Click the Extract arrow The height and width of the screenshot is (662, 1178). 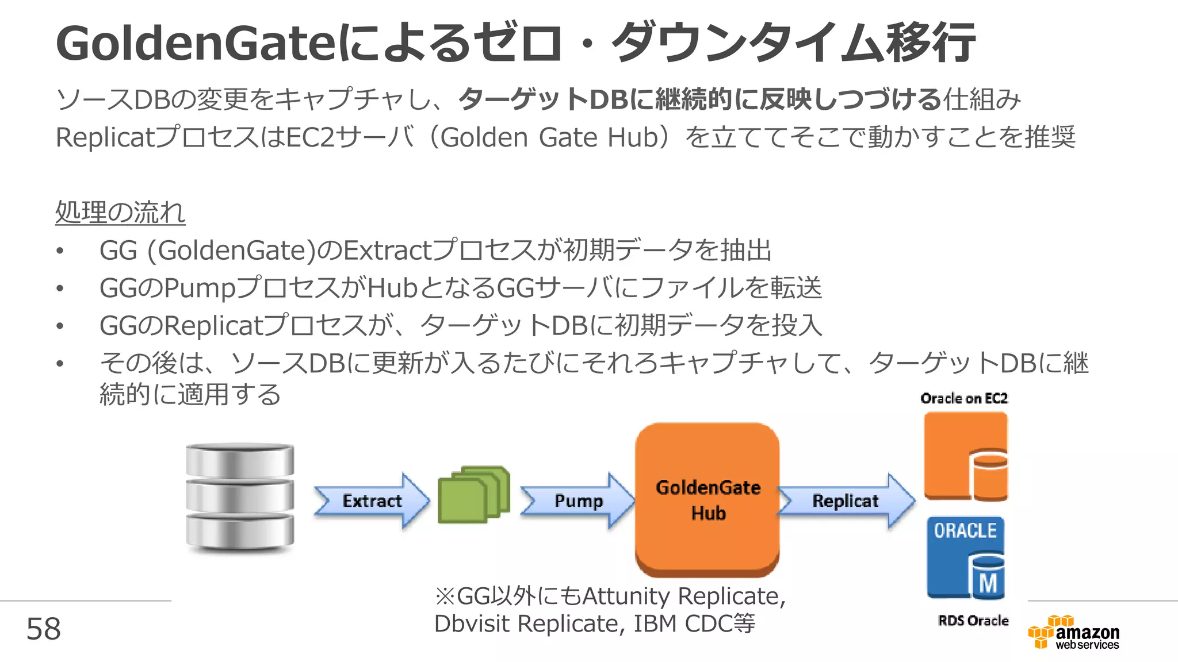point(372,501)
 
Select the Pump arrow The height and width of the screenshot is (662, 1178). point(577,501)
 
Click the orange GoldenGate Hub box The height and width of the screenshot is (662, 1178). point(707,499)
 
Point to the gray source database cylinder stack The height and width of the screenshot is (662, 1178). point(240,498)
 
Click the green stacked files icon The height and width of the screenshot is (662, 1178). point(473,494)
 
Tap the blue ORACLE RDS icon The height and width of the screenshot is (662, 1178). point(965,557)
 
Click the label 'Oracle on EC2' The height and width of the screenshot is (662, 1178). point(964,398)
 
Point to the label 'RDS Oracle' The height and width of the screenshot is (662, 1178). point(973,621)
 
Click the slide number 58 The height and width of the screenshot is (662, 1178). point(44,629)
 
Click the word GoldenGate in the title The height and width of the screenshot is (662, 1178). point(196,44)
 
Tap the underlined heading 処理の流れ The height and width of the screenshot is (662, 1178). point(120,212)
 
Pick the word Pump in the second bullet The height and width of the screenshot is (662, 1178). point(200,288)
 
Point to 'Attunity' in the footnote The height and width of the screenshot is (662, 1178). point(626,596)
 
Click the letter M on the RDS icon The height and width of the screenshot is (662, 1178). point(988,583)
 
